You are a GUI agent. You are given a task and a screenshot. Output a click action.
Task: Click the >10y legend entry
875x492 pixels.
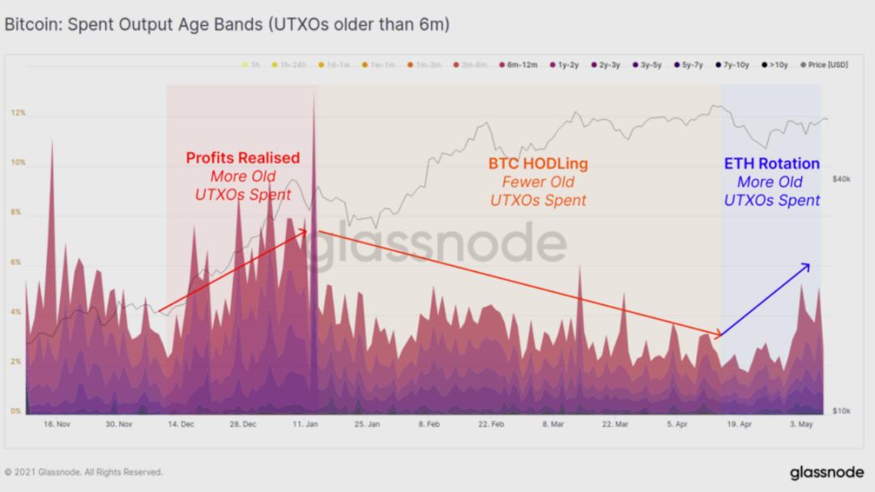778,65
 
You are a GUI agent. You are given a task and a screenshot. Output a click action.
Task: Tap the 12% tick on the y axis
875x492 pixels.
18,113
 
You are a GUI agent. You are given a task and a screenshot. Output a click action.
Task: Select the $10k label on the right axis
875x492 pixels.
841,412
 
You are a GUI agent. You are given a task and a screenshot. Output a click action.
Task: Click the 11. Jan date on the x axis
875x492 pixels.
304,424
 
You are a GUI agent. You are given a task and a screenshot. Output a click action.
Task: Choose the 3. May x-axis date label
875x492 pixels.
802,424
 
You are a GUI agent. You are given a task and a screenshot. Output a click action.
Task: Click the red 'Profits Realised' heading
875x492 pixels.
243,158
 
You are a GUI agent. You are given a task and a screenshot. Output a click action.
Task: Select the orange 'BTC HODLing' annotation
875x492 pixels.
538,163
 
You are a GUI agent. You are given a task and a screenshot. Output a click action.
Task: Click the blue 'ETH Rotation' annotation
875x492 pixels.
771,164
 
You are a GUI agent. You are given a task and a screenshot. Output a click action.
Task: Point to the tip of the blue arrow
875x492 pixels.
809,264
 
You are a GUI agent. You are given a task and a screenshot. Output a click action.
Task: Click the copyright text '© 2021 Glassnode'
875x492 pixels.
83,472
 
